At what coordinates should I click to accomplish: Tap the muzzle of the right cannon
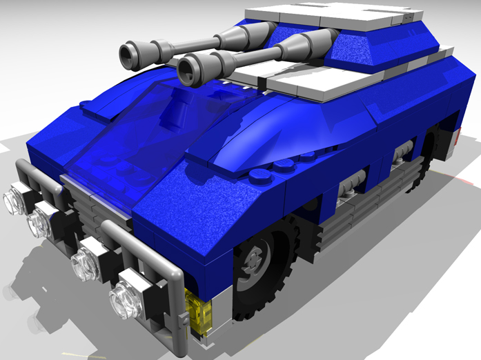click(x=187, y=69)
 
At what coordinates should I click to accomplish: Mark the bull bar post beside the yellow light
click(x=178, y=303)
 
